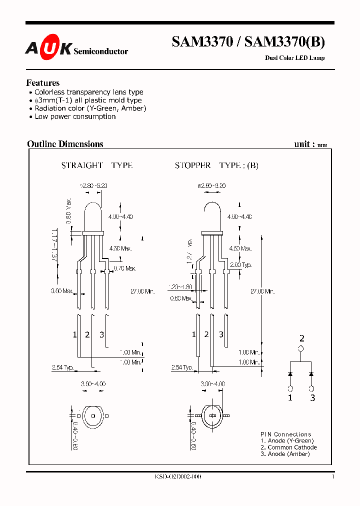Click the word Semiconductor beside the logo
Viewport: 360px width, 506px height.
click(100, 51)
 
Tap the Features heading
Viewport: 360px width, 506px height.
click(42, 83)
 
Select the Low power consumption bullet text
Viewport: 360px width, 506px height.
click(75, 116)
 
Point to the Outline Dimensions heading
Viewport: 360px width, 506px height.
click(65, 144)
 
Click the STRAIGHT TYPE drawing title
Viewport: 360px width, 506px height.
click(96, 165)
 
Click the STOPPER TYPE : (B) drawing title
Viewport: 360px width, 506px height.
click(216, 165)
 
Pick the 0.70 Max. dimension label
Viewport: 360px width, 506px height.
click(125, 268)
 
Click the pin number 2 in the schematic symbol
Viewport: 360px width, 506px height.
click(301, 338)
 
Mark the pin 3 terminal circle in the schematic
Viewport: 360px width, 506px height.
click(312, 388)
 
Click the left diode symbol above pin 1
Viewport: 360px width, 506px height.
click(290, 373)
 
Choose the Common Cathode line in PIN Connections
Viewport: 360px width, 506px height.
click(288, 447)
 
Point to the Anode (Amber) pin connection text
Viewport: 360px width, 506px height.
click(285, 454)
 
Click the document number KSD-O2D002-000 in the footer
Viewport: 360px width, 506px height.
click(178, 477)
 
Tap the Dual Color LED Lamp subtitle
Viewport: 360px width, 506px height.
click(294, 58)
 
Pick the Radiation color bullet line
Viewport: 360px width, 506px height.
click(90, 108)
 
